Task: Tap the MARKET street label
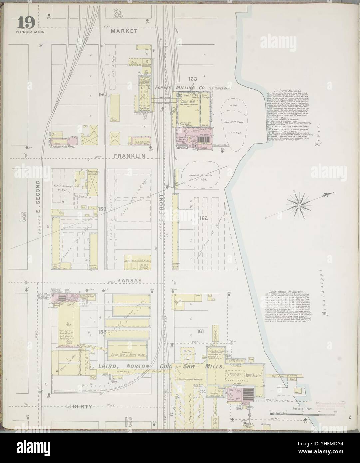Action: pyautogui.click(x=124, y=31)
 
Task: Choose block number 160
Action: pyautogui.click(x=102, y=94)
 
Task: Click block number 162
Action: pyautogui.click(x=203, y=218)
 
